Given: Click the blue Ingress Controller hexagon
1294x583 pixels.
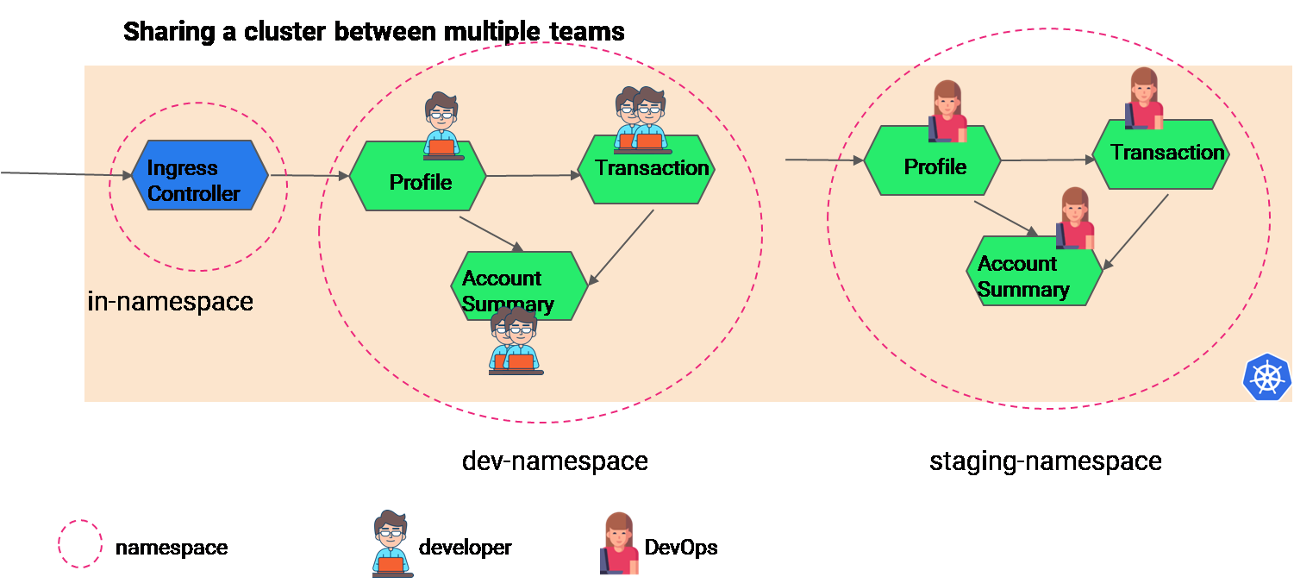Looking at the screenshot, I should click(199, 175).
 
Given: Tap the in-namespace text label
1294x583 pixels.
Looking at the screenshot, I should click(171, 302).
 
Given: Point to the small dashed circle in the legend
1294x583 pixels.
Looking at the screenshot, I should click(80, 543).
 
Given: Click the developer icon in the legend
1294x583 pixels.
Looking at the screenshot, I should click(392, 543).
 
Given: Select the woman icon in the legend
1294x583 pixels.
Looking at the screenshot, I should click(619, 543).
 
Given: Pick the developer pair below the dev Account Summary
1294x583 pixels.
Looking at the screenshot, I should click(515, 342).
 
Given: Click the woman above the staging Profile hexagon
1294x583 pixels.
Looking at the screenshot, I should click(947, 111).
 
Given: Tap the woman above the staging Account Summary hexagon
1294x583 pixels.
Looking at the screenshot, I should click(1075, 217).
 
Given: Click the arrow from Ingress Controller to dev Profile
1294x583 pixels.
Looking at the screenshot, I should click(309, 176).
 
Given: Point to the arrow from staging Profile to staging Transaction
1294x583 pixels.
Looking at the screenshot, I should click(1046, 160).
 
